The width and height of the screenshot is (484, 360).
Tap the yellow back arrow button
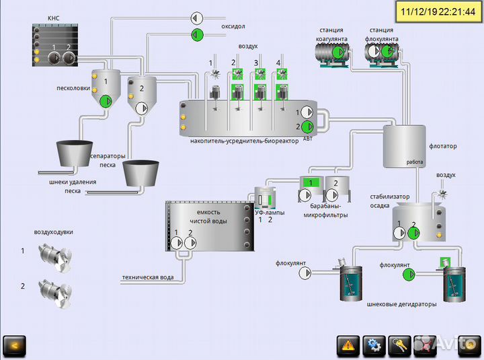coord(14,345)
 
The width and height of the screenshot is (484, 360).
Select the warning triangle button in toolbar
coord(348,345)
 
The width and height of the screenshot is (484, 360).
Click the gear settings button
coord(373,345)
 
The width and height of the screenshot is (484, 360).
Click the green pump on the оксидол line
coord(197,34)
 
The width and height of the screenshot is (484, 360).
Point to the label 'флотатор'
coord(442,145)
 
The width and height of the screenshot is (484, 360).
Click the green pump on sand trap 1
coord(106,102)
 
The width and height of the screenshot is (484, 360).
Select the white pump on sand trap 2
coord(142,108)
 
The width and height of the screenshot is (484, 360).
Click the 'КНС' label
coord(54,19)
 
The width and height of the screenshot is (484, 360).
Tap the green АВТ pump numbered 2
coord(307,126)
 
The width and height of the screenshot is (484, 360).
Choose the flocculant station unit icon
coord(380,57)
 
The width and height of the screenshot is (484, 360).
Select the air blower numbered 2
coord(54,289)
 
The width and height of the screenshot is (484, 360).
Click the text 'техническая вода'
coord(148,277)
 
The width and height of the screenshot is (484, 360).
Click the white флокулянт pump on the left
coord(305,272)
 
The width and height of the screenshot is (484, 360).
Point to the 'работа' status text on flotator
coord(415,162)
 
